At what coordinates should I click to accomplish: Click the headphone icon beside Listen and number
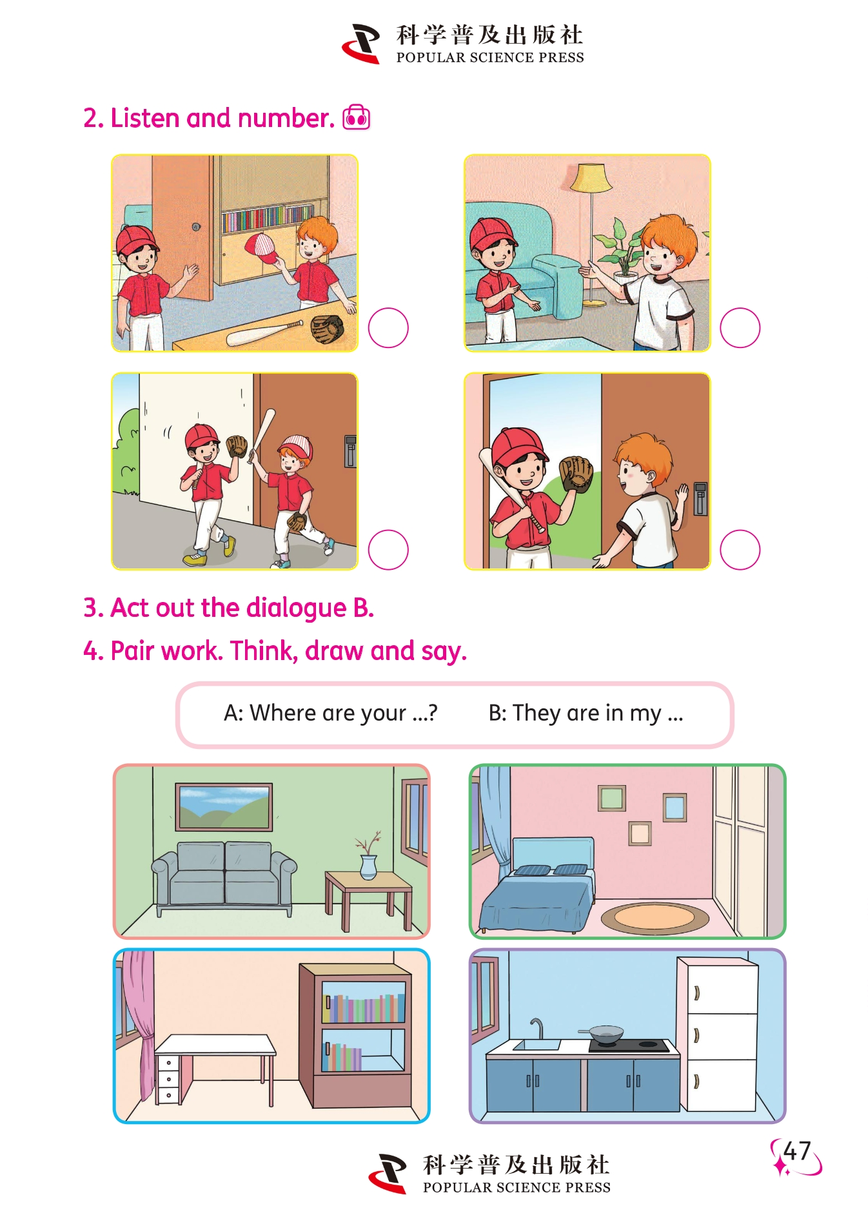[x=356, y=117]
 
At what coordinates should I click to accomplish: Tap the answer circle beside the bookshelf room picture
[x=388, y=327]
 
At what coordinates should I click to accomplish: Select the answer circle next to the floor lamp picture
[x=740, y=327]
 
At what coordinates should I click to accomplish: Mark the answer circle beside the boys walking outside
[x=388, y=550]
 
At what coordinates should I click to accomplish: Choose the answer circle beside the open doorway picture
[x=740, y=550]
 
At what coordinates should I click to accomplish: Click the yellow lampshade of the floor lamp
[x=591, y=178]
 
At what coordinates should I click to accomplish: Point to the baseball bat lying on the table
[x=264, y=333]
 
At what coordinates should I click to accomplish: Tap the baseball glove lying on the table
[x=328, y=329]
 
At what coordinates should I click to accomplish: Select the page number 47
[x=797, y=1151]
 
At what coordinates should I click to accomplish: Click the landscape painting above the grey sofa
[x=224, y=807]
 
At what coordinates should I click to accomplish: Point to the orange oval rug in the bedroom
[x=655, y=918]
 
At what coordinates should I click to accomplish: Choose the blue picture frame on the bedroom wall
[x=675, y=808]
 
